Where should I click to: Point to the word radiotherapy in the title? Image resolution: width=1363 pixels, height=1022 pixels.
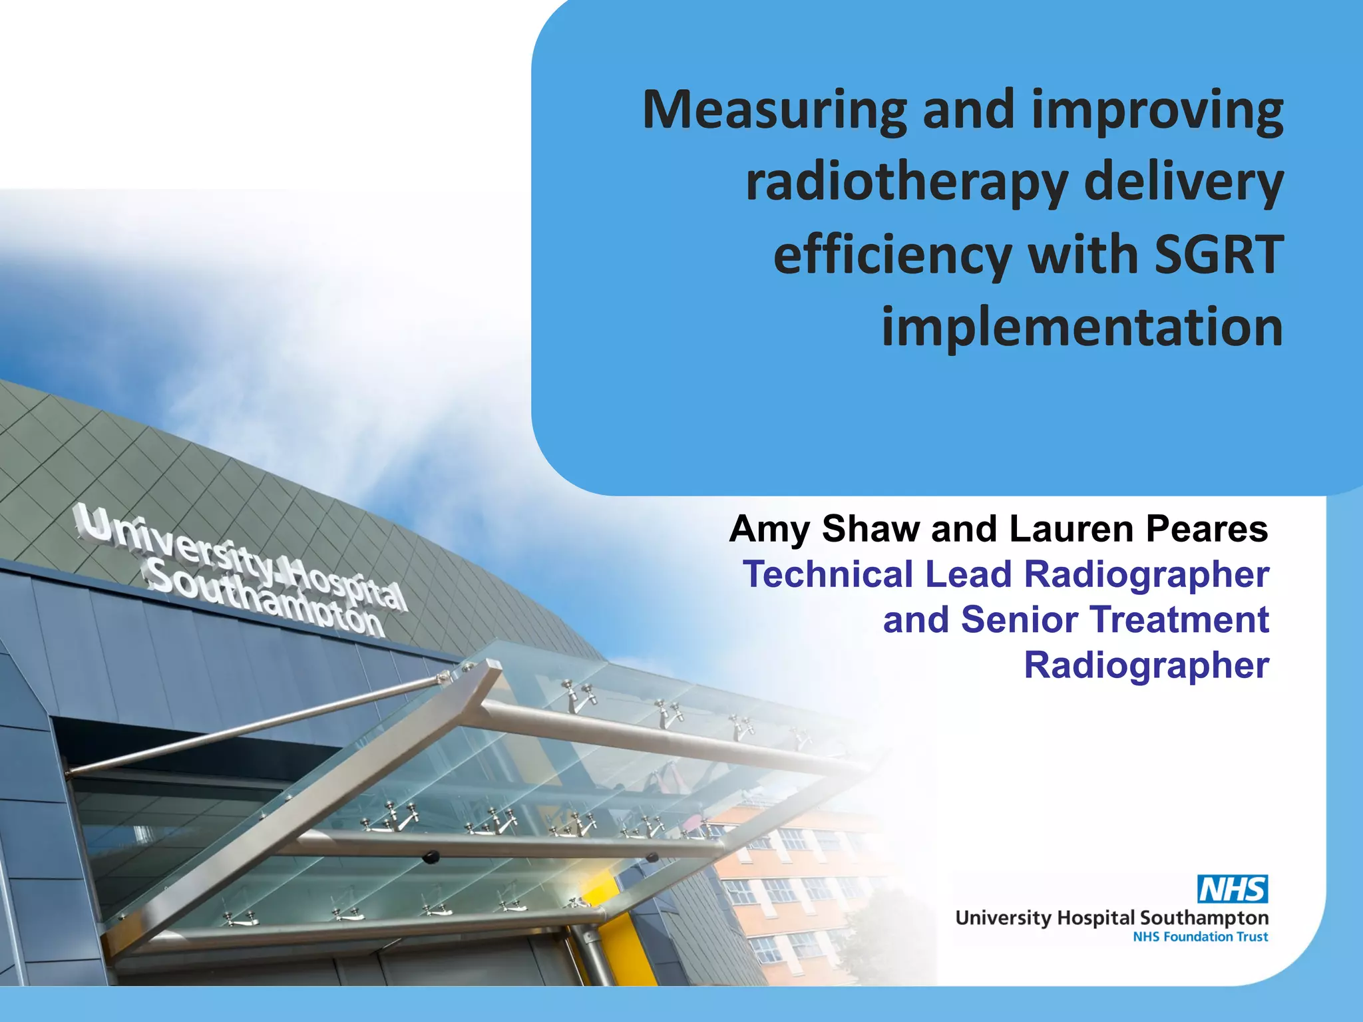(x=906, y=183)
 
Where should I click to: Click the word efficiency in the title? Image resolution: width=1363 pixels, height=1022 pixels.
(x=892, y=255)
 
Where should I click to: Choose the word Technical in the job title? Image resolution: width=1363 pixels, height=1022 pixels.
(x=828, y=574)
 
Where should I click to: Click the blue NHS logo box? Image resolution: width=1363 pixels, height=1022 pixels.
(x=1233, y=889)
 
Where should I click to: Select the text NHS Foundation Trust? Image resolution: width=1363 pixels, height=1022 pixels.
(x=1200, y=937)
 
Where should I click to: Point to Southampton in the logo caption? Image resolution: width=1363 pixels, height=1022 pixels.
(x=1204, y=919)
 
